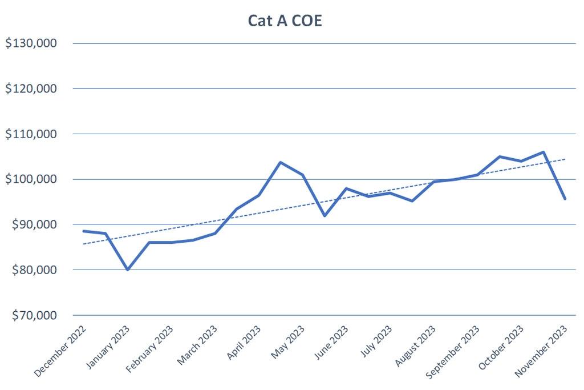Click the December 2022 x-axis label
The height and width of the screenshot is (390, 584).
pyautogui.click(x=60, y=351)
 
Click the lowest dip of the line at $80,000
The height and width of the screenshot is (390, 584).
pyautogui.click(x=128, y=270)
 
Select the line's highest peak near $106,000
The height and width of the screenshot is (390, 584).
pyautogui.click(x=544, y=152)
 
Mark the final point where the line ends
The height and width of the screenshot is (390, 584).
pyautogui.click(x=565, y=199)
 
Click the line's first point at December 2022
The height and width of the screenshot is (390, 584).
pyautogui.click(x=83, y=231)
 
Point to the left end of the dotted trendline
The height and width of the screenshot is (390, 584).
pyautogui.click(x=83, y=244)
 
